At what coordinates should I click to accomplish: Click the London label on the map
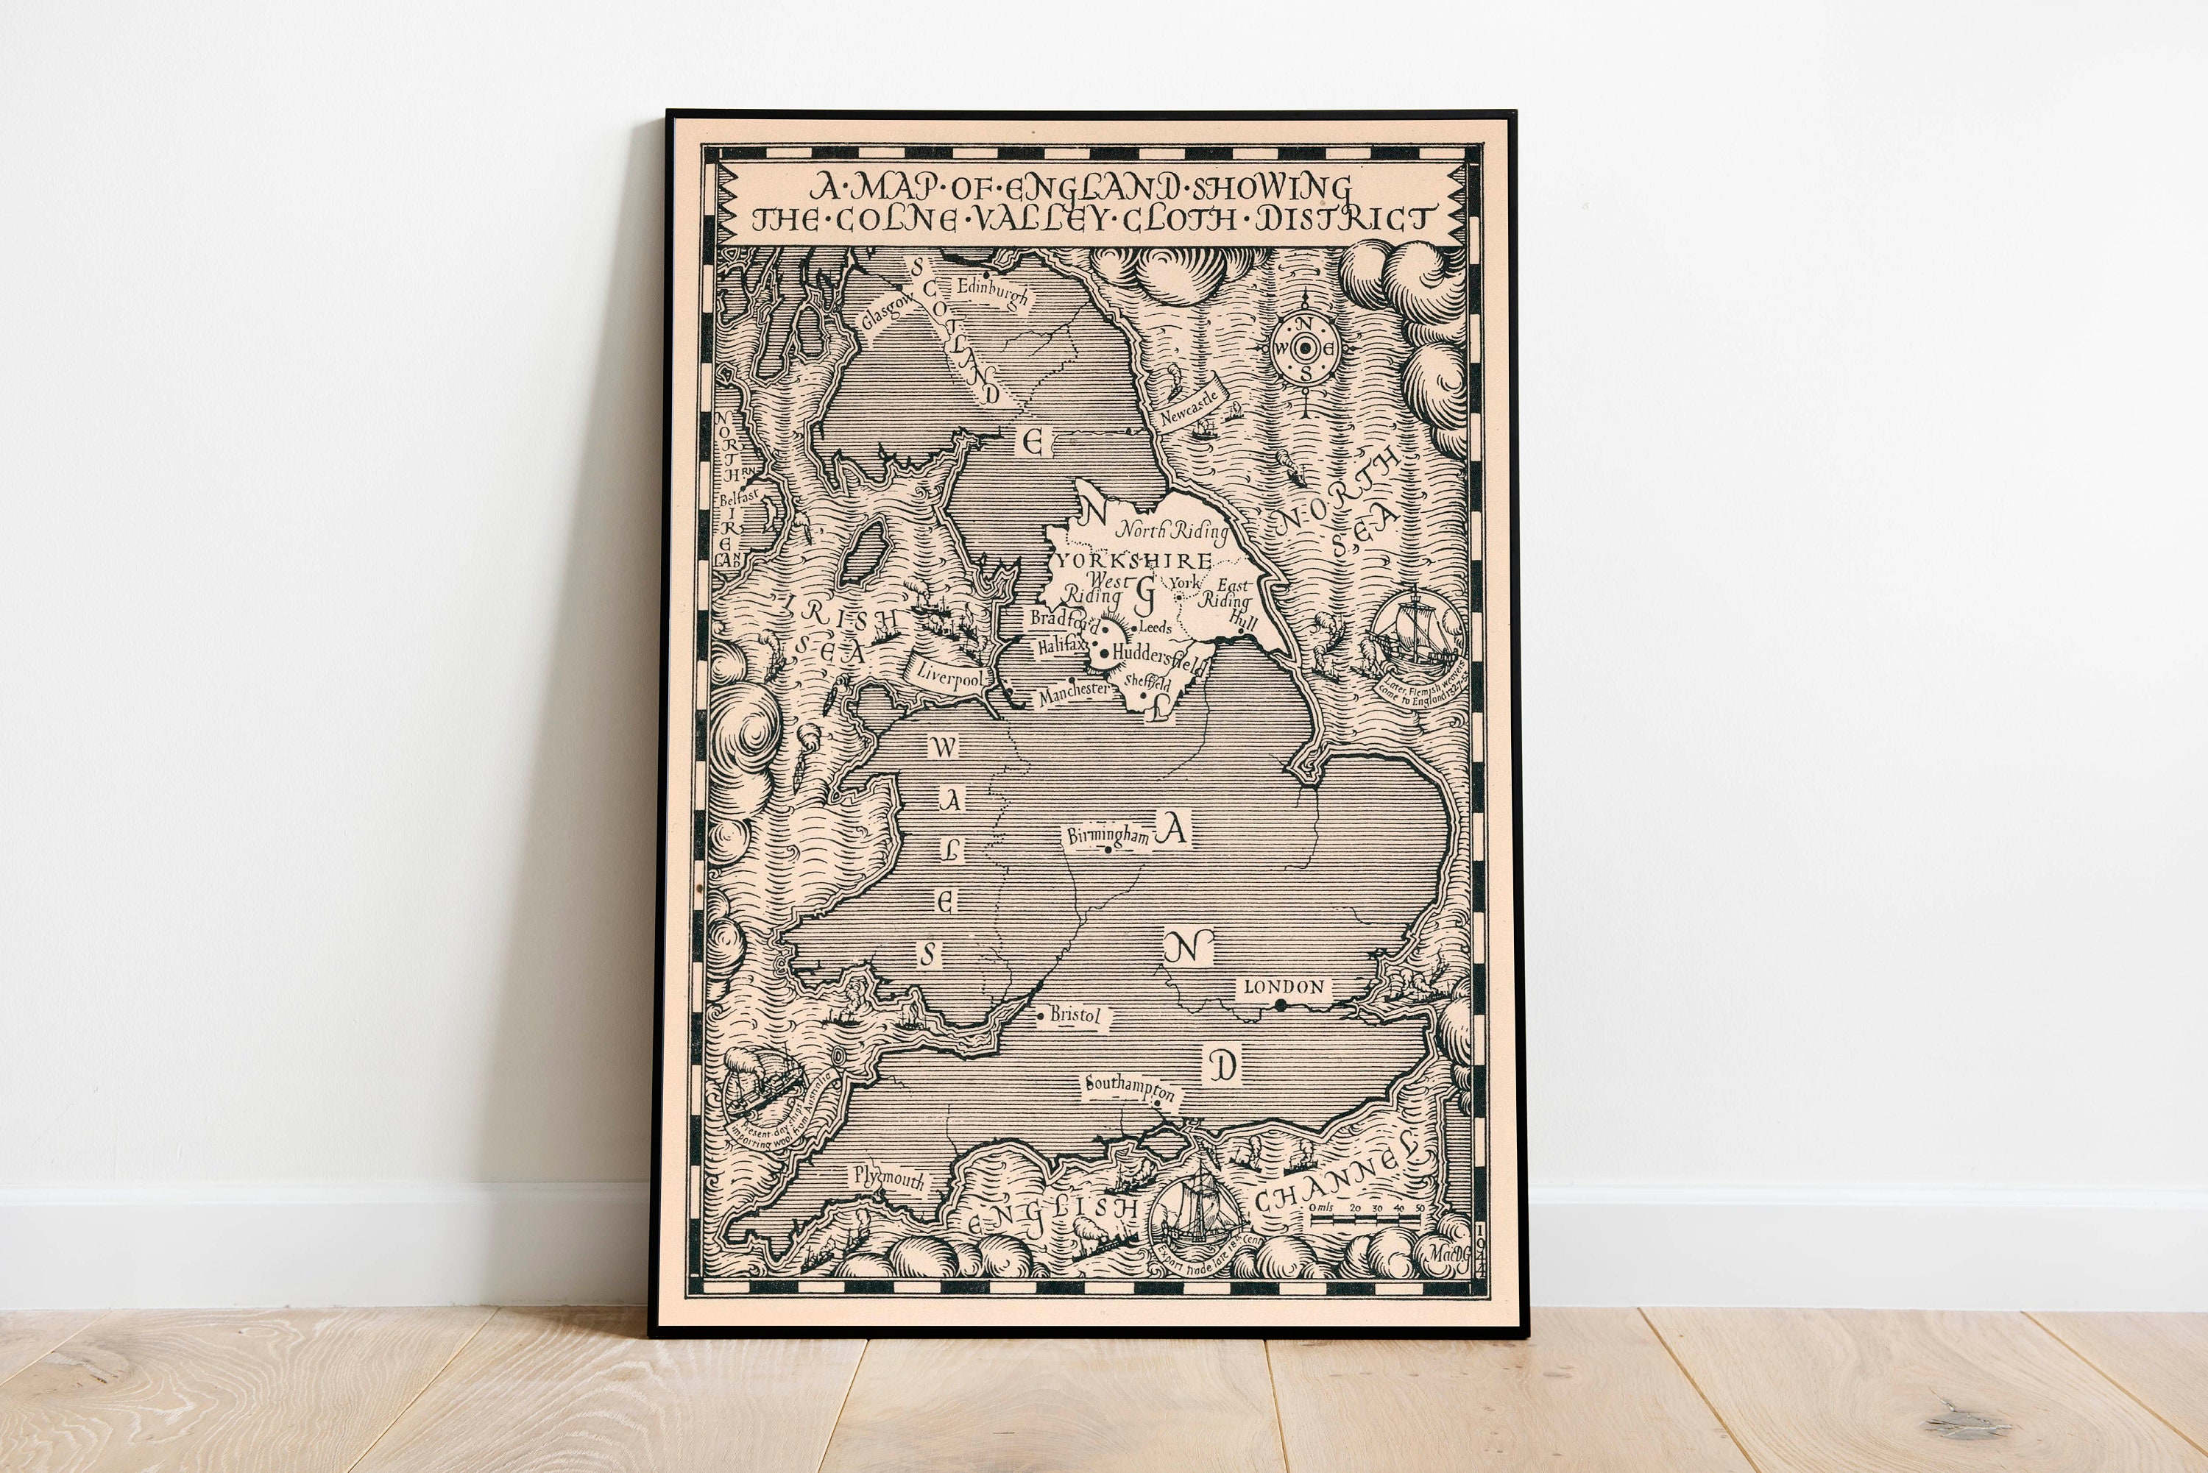(x=1284, y=987)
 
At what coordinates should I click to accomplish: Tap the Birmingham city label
(x=1108, y=835)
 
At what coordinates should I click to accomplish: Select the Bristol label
(x=1074, y=1015)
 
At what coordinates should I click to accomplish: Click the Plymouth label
(x=889, y=1178)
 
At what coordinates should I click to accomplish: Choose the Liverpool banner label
(x=949, y=675)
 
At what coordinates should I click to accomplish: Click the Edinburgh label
(x=992, y=293)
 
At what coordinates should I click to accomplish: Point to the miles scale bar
(x=1367, y=1218)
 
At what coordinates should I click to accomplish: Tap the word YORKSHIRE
(x=1134, y=561)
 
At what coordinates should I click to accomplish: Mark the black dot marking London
(x=1280, y=1005)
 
